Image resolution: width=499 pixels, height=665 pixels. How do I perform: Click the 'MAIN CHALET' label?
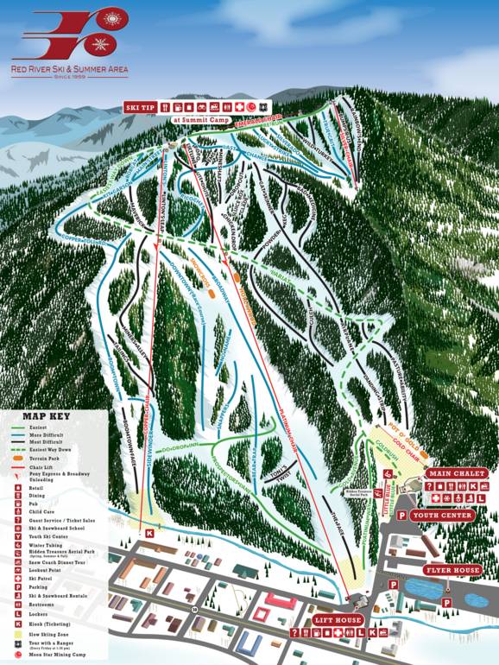pos(458,473)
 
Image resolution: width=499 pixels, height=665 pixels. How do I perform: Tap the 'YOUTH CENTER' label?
pos(443,516)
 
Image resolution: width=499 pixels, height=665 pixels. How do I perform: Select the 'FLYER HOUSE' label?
pos(452,571)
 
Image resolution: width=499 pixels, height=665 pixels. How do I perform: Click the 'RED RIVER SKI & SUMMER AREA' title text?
pos(69,66)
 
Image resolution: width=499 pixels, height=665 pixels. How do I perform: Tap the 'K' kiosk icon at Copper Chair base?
pos(149,533)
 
